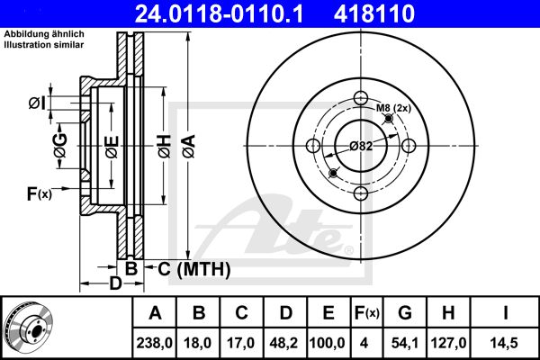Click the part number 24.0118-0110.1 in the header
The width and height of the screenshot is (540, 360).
click(219, 13)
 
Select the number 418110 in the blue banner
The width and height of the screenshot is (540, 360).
click(374, 13)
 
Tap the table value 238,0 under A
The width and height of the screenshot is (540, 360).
click(154, 343)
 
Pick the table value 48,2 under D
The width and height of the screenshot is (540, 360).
click(284, 343)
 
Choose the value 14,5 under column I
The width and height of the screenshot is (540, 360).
click(505, 343)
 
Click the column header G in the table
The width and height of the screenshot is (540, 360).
click(405, 313)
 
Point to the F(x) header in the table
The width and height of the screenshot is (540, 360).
click(367, 313)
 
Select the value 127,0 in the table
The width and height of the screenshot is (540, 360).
click(448, 343)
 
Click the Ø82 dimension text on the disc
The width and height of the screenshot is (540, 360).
click(361, 147)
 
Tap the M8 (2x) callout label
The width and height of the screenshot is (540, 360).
click(393, 108)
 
